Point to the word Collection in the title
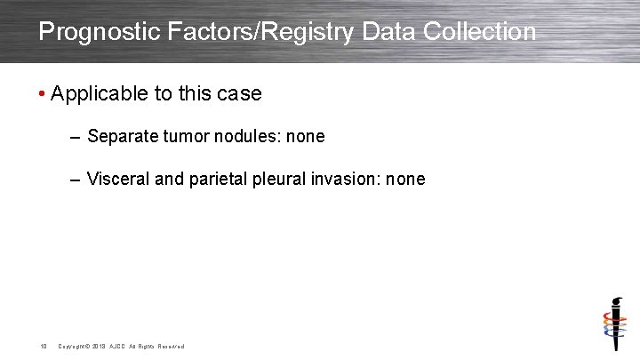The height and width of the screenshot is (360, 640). coord(480,32)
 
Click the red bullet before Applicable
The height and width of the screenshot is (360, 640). coord(42,94)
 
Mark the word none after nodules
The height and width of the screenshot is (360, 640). coord(305,137)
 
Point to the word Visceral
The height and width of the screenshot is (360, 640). coord(118,180)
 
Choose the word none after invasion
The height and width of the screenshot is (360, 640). coord(406,180)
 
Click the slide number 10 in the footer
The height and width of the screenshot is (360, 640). coord(42,346)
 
